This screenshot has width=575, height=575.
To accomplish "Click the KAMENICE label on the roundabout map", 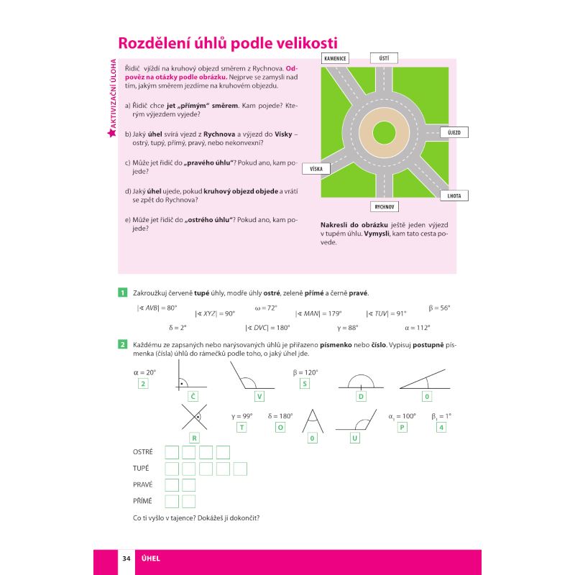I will tap(336, 58).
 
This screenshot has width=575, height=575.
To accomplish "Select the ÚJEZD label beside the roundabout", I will tap(454, 133).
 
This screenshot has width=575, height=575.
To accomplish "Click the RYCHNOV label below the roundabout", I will tap(385, 207).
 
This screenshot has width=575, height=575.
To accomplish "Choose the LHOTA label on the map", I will tap(455, 195).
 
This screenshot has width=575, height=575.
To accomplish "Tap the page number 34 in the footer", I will tap(126, 558).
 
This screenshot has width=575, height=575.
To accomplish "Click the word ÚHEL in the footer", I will tap(150, 558).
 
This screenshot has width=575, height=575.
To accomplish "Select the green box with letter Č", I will tap(193, 396).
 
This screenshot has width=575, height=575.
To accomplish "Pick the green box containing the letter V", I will tap(259, 396).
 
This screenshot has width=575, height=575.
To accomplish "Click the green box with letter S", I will tap(305, 384).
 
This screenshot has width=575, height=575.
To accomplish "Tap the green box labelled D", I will tap(361, 396).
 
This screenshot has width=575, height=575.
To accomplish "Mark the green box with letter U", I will tap(355, 438).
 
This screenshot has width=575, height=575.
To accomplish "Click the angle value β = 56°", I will tap(439, 308).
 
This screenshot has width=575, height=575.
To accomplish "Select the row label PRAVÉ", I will tap(143, 485).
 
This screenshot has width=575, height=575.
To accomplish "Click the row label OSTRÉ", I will tap(143, 451).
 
